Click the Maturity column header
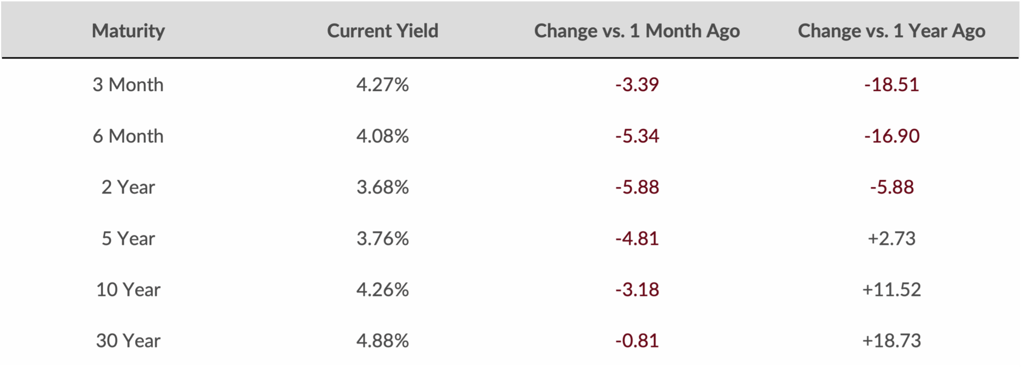(128, 31)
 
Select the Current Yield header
(383, 31)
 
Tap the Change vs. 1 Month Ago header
(637, 31)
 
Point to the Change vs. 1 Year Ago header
(891, 31)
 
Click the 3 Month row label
(128, 85)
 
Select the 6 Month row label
(128, 136)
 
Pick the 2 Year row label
(128, 187)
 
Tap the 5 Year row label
(128, 238)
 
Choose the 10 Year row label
(128, 290)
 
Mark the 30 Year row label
(128, 341)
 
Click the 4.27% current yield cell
(383, 85)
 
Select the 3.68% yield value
(383, 187)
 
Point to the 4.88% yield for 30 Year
(383, 341)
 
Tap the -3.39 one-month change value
(637, 85)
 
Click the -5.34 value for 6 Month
(637, 136)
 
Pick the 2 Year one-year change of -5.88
(892, 187)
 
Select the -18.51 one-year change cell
(892, 85)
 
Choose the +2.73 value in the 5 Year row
(892, 238)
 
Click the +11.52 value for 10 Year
(892, 290)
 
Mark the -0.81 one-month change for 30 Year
(637, 341)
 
